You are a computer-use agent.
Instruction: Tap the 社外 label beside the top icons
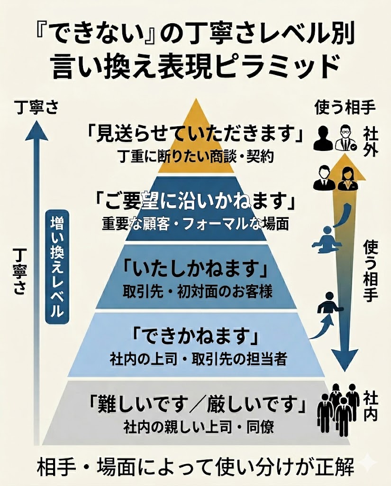370,140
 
